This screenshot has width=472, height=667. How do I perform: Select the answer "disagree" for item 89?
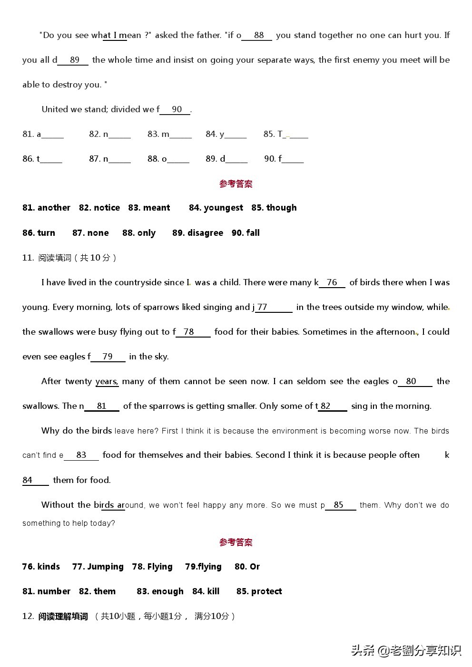204,233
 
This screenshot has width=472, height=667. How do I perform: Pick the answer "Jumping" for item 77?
105,567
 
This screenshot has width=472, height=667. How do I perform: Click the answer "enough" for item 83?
167,591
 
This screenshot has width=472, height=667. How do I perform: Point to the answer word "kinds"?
49,567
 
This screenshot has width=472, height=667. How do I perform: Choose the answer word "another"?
54,208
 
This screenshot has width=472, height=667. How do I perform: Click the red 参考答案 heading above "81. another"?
236,184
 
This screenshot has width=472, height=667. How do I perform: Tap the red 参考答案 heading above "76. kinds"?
236,542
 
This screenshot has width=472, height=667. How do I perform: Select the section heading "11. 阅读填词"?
69,258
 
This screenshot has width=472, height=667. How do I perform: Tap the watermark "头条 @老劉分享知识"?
406,650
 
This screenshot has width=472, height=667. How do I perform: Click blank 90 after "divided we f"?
176,110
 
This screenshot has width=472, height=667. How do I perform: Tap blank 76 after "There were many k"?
332,283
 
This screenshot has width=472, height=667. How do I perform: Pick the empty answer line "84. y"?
236,135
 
